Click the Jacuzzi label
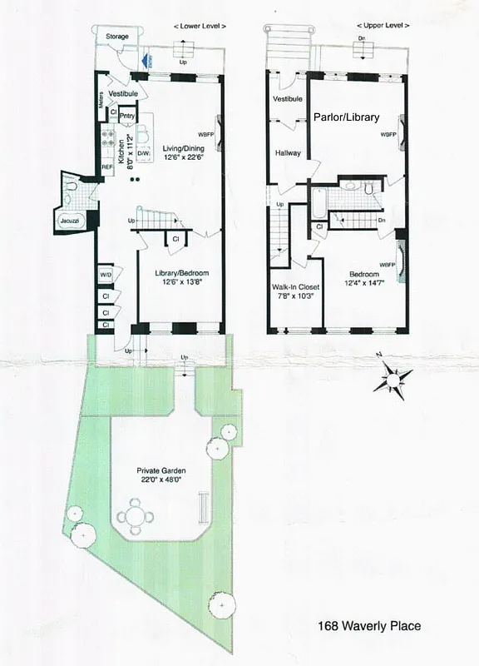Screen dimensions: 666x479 pos(67,221)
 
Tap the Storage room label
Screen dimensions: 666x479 pos(116,37)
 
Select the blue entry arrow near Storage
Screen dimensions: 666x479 pos(147,60)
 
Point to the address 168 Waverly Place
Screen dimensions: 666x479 pos(370,626)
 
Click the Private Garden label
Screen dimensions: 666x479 pos(160,471)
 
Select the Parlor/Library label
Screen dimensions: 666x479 pos(343,117)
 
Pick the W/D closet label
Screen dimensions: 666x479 pos(106,273)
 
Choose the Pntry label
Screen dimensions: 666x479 pos(127,116)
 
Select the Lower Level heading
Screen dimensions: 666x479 pos(200,27)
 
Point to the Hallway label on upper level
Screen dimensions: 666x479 pos(288,153)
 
